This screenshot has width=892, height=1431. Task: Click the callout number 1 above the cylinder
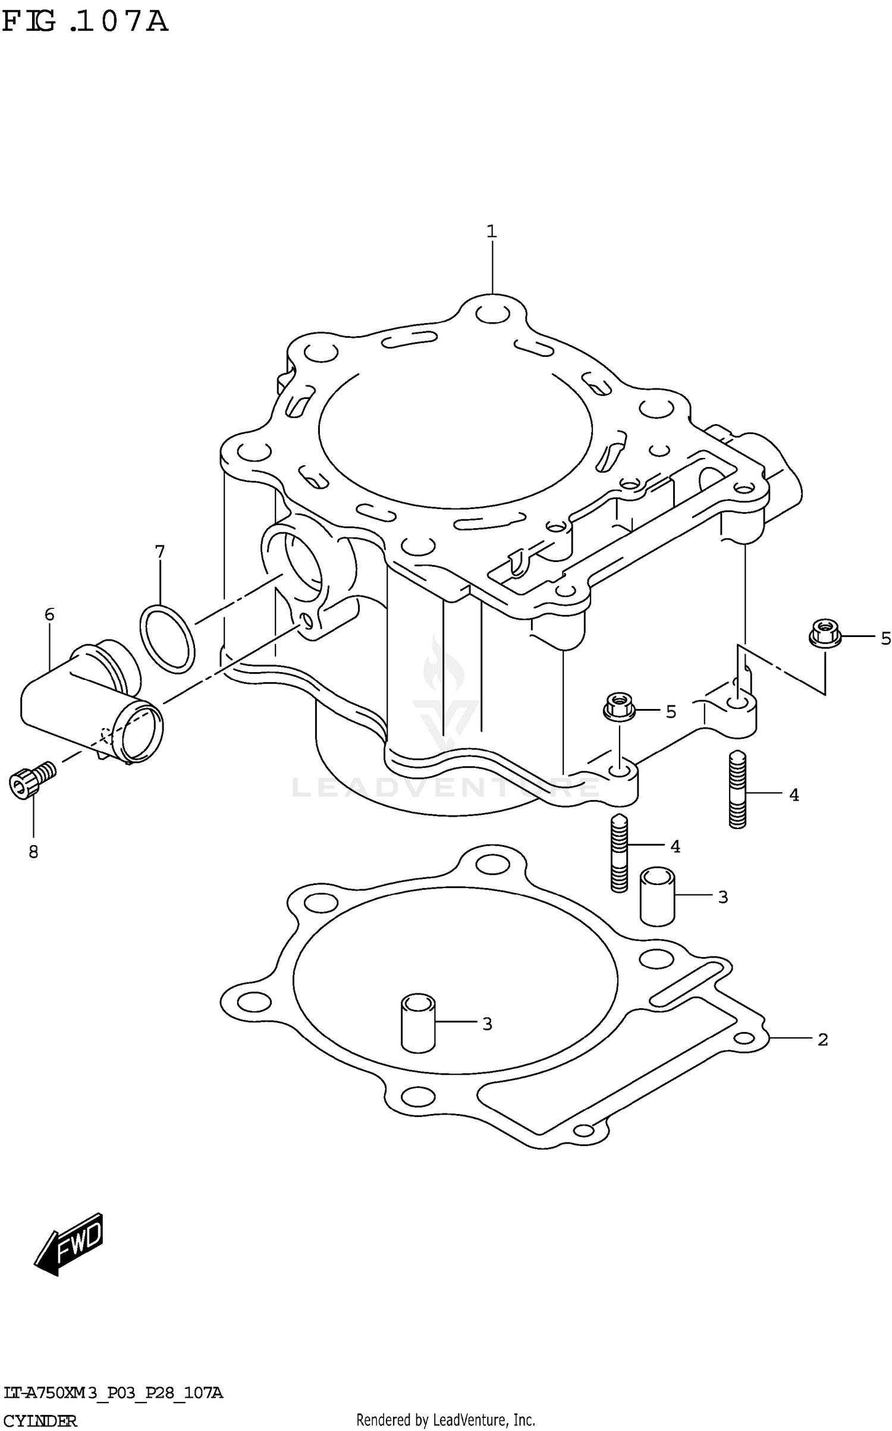pos(491,231)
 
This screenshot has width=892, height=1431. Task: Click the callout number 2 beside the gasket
pos(822,1040)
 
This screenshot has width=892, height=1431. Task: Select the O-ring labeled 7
pos(167,639)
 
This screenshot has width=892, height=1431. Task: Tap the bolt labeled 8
pos(31,779)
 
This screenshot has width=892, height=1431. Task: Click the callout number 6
pos(49,614)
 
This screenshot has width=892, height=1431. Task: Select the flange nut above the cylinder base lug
pos(620,707)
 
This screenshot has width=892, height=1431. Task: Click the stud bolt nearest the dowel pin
pos(619,853)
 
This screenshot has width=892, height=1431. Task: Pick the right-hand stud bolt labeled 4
pos(737,789)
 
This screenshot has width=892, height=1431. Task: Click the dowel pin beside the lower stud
pos(657,897)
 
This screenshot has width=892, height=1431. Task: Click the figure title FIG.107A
pos(84,23)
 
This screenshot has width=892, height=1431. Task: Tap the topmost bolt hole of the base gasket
pos(492,863)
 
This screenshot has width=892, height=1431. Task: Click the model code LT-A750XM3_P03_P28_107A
pos(113,1392)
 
